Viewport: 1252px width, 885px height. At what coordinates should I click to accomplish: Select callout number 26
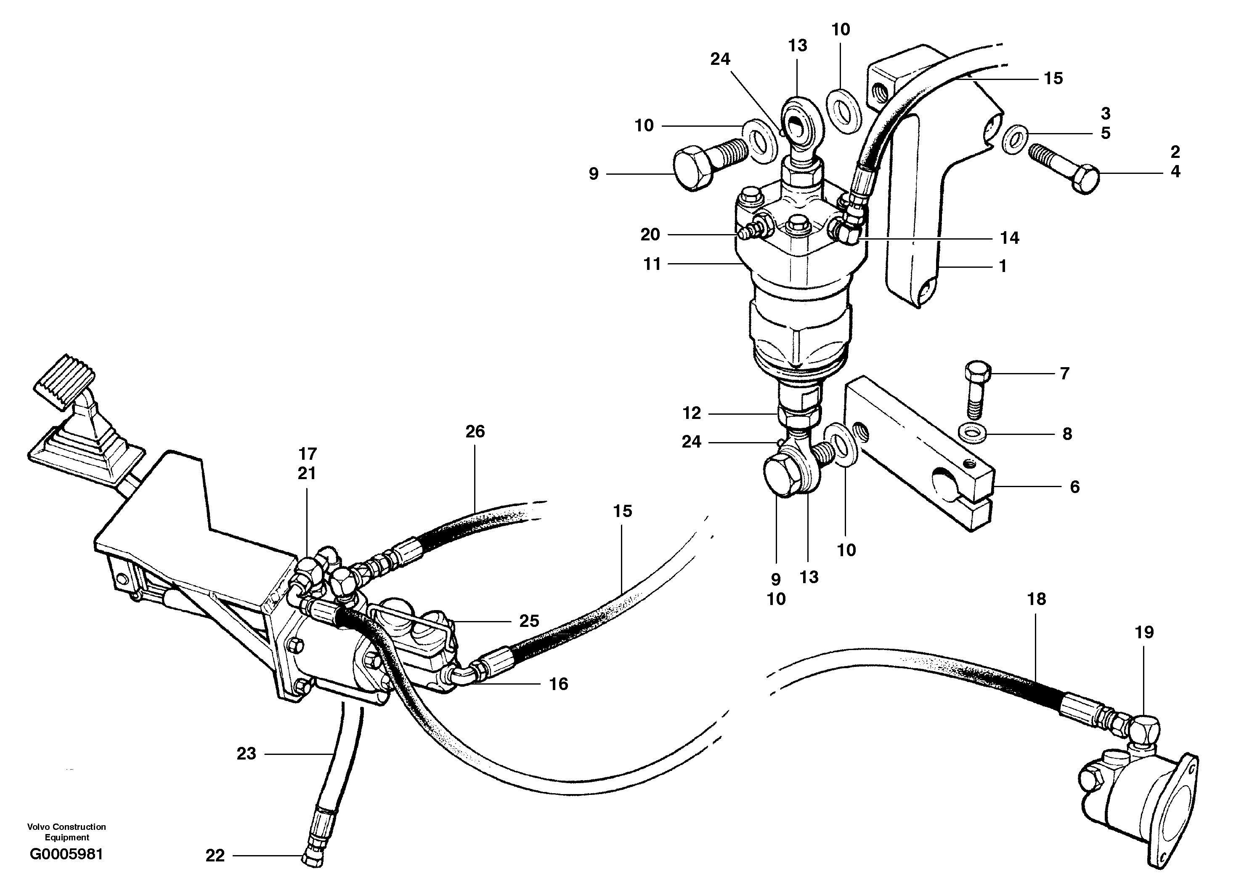[x=475, y=432]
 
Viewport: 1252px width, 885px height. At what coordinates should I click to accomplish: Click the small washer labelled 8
[x=972, y=433]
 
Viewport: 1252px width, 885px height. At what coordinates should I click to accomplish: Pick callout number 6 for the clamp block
[x=1074, y=487]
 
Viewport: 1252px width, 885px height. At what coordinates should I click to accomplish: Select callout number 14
[x=1009, y=238]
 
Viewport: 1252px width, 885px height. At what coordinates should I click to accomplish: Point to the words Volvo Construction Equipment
[x=66, y=832]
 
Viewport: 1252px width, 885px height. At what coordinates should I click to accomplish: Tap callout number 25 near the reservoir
[x=529, y=621]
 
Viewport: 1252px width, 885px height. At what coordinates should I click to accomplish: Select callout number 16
[x=558, y=684]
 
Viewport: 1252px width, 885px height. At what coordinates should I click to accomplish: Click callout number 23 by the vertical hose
[x=246, y=754]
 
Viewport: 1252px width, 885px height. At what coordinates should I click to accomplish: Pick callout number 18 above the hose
[x=1036, y=599]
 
